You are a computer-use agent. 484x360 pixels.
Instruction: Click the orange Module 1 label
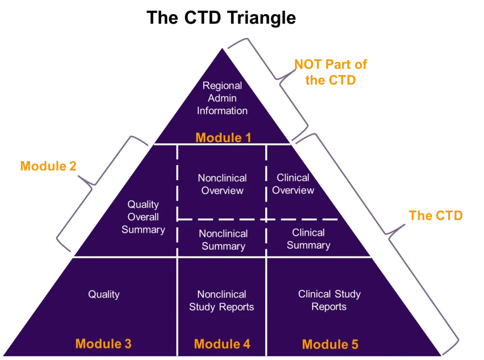[223, 138]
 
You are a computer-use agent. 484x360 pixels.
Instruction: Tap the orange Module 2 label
[49, 167]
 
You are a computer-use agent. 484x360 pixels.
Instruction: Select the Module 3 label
[104, 344]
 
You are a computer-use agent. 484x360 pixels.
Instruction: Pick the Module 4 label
[222, 344]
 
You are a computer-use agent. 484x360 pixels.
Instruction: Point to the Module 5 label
[330, 344]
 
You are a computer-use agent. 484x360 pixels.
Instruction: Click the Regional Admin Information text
[222, 98]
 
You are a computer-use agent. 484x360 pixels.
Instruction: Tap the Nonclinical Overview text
[222, 184]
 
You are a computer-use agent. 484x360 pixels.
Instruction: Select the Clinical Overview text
[293, 184]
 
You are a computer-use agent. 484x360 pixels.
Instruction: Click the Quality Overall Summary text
[143, 217]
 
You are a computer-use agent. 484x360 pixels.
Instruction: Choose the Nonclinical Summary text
[223, 240]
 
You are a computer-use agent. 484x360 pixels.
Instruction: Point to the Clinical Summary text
[308, 239]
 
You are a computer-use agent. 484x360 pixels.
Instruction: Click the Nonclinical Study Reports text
[222, 300]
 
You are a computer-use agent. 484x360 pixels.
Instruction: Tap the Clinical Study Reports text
[329, 300]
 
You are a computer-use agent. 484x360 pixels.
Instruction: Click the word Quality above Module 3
[104, 294]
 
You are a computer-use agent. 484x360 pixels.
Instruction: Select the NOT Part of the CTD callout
[330, 72]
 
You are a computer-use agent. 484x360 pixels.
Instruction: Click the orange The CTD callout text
[436, 216]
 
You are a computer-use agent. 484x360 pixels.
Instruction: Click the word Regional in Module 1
[222, 86]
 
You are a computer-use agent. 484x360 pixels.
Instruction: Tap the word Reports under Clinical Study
[329, 307]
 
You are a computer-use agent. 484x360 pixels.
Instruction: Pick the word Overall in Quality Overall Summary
[143, 217]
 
